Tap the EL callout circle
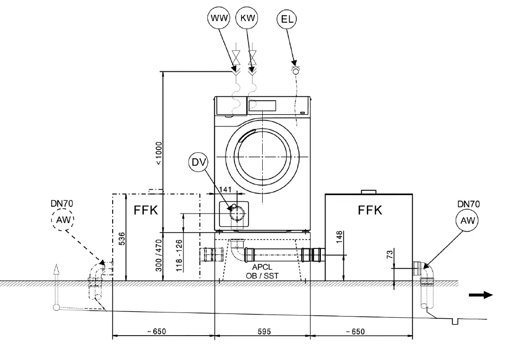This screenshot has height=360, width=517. pyautogui.click(x=287, y=20)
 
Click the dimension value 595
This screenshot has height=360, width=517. pyautogui.click(x=264, y=331)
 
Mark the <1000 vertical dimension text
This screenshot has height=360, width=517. pyautogui.click(x=159, y=154)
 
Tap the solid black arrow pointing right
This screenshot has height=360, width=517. pyautogui.click(x=481, y=295)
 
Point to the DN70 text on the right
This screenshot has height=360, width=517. pyautogui.click(x=468, y=204)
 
